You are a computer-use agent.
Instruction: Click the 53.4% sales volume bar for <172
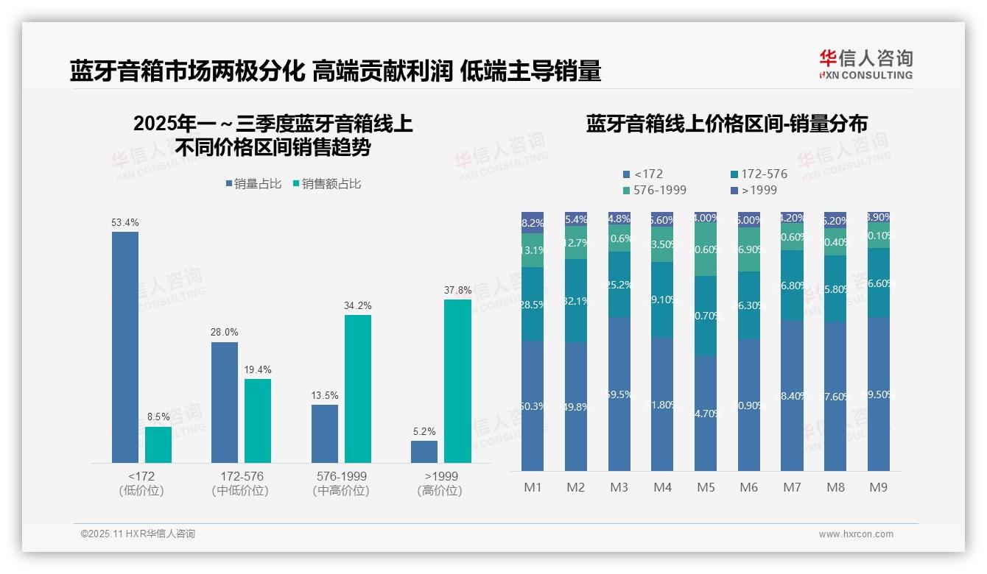pos(125,347)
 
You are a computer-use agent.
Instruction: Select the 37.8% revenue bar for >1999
pos(457,380)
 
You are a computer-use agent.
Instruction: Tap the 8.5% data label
pos(158,417)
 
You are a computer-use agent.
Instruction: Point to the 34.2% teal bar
pos(358,389)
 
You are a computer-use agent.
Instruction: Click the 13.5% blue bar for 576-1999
pos(325,433)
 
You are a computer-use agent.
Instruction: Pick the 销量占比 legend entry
pos(253,184)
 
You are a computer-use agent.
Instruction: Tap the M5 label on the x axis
pos(706,487)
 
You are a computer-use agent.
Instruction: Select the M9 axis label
pos(879,487)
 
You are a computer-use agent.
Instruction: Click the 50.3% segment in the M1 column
pos(533,405)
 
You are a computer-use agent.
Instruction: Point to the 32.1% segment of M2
pos(576,300)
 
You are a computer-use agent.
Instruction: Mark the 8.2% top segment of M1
pos(533,222)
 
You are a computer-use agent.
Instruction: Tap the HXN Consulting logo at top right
pos(865,64)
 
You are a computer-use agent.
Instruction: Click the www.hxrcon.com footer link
pos(856,534)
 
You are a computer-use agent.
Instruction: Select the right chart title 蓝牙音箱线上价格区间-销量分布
pos(726,124)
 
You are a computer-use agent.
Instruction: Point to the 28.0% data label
pos(225,333)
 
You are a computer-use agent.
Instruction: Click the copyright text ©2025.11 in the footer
pos(138,534)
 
